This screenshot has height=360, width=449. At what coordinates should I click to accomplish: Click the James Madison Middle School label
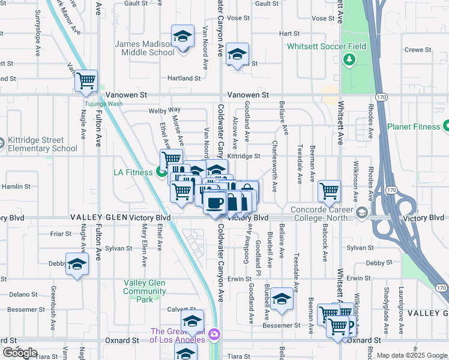pos(145,48)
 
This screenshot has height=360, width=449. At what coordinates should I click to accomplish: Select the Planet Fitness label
pos(413,127)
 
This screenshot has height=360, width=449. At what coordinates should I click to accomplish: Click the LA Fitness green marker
pos(161,173)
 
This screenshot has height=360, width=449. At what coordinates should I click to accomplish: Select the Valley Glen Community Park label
pos(145,291)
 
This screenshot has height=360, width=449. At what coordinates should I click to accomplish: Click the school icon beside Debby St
pos(77,264)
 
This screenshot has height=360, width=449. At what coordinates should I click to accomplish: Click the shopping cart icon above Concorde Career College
pos(329,191)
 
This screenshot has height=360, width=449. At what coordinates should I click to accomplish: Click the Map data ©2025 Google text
pos(412,355)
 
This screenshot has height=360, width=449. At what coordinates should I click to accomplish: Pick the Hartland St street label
pos(184,78)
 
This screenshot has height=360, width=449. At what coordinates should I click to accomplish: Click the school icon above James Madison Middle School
pos(182,36)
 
